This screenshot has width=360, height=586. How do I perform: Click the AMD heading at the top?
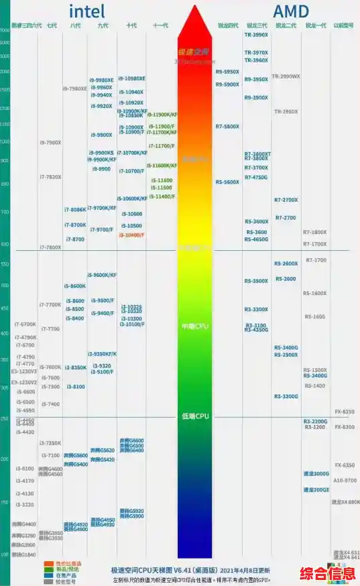pyautogui.click(x=291, y=11)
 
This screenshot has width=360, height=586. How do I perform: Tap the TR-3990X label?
pyautogui.click(x=256, y=34)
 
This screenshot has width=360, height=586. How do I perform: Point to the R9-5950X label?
pyautogui.click(x=227, y=72)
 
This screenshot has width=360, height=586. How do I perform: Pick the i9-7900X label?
pyautogui.click(x=50, y=142)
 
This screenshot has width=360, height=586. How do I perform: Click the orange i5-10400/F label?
pyautogui.click(x=131, y=235)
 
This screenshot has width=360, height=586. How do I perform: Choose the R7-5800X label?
pyautogui.click(x=227, y=126)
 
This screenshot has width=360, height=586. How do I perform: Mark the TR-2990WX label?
pyautogui.click(x=286, y=76)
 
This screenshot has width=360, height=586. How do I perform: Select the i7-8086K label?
pyautogui.click(x=75, y=210)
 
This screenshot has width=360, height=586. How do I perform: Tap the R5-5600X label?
pyautogui.click(x=227, y=182)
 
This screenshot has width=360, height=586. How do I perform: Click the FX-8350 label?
pyautogui.click(x=345, y=411)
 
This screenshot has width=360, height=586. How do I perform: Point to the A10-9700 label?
pyautogui.click(x=345, y=480)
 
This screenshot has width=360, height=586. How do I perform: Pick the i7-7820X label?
pyautogui.click(x=50, y=177)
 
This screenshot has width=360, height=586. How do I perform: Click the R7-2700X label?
pyautogui.click(x=286, y=200)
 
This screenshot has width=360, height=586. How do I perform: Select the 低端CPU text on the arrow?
pyautogui.click(x=195, y=416)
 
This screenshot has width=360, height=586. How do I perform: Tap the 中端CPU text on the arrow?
pyautogui.click(x=195, y=327)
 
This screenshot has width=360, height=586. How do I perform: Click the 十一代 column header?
pyautogui.click(x=160, y=25)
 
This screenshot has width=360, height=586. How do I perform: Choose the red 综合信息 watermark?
pyautogui.click(x=327, y=574)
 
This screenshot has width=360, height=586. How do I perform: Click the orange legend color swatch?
pyautogui.click(x=49, y=563)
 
